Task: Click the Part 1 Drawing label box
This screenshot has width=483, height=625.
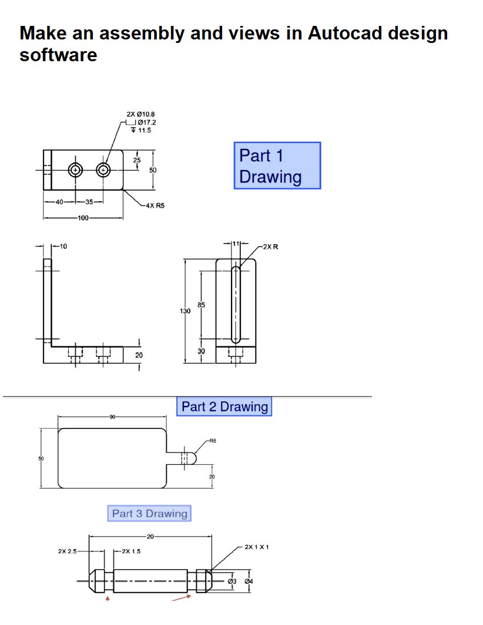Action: click(x=277, y=166)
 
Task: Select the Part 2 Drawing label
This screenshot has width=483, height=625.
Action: click(x=224, y=407)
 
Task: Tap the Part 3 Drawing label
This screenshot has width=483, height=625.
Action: click(x=149, y=513)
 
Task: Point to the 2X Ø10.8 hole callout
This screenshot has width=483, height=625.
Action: click(x=140, y=114)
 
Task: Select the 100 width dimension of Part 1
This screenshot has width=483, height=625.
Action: click(x=82, y=218)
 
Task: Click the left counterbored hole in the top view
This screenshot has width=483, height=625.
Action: click(x=75, y=170)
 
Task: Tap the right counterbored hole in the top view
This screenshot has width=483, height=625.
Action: click(x=103, y=170)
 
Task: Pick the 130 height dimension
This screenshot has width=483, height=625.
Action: click(x=185, y=310)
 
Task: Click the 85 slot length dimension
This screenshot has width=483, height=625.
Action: click(x=201, y=305)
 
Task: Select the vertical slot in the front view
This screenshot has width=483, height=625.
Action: click(x=236, y=304)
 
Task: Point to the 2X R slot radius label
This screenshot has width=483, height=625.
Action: click(x=270, y=247)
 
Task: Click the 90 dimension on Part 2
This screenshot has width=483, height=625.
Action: click(x=112, y=417)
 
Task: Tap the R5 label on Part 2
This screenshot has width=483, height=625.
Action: click(x=213, y=440)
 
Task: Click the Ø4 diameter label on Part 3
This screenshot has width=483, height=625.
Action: click(x=249, y=581)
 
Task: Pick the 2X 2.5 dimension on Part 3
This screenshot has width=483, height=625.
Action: click(x=68, y=551)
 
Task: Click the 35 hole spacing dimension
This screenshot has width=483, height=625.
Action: click(x=89, y=202)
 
